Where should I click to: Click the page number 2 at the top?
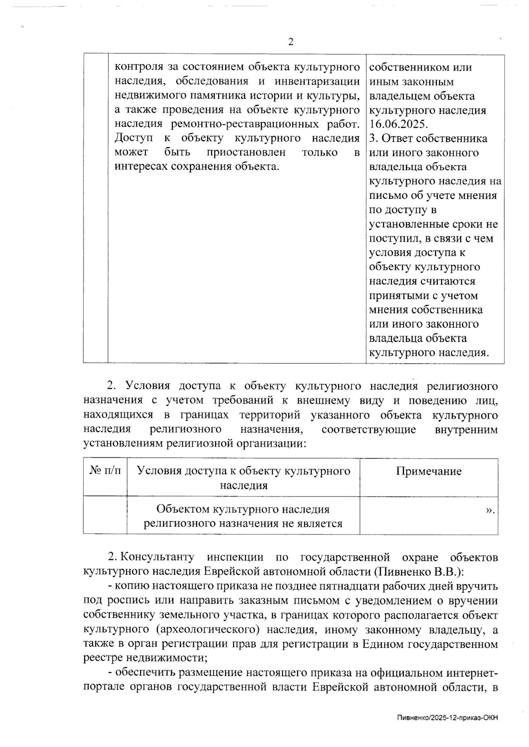click(x=291, y=42)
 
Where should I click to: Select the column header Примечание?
click(x=428, y=471)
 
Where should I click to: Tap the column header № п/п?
click(x=105, y=471)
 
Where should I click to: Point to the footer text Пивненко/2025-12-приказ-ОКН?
click(x=447, y=717)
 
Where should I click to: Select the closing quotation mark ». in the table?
click(x=490, y=510)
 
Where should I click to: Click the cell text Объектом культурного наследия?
click(x=243, y=509)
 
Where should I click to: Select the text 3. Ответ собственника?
click(x=428, y=138)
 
